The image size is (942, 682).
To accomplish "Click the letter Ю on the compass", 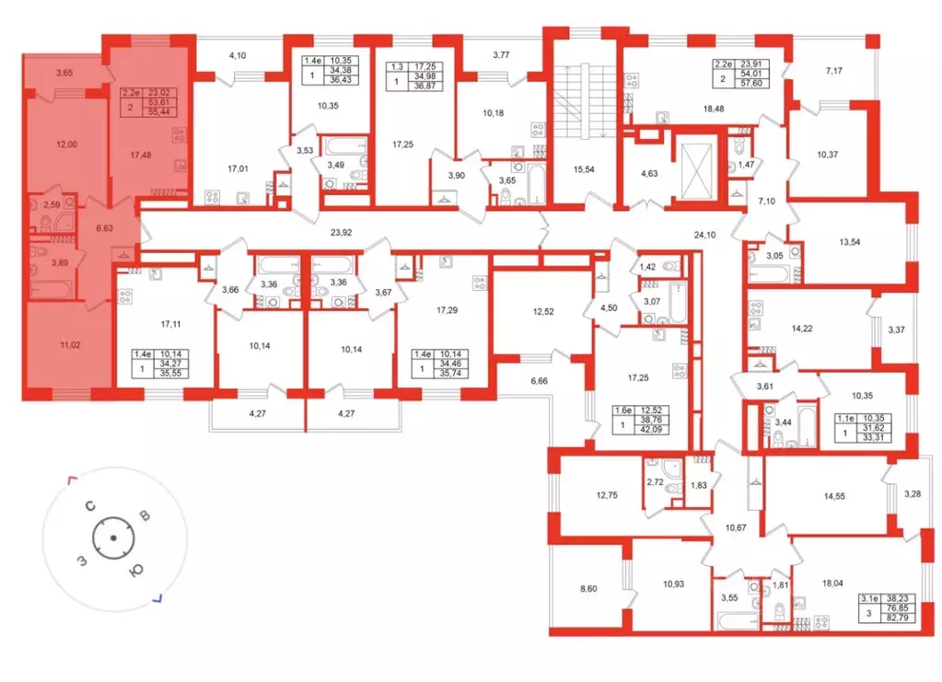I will click(134, 572).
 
